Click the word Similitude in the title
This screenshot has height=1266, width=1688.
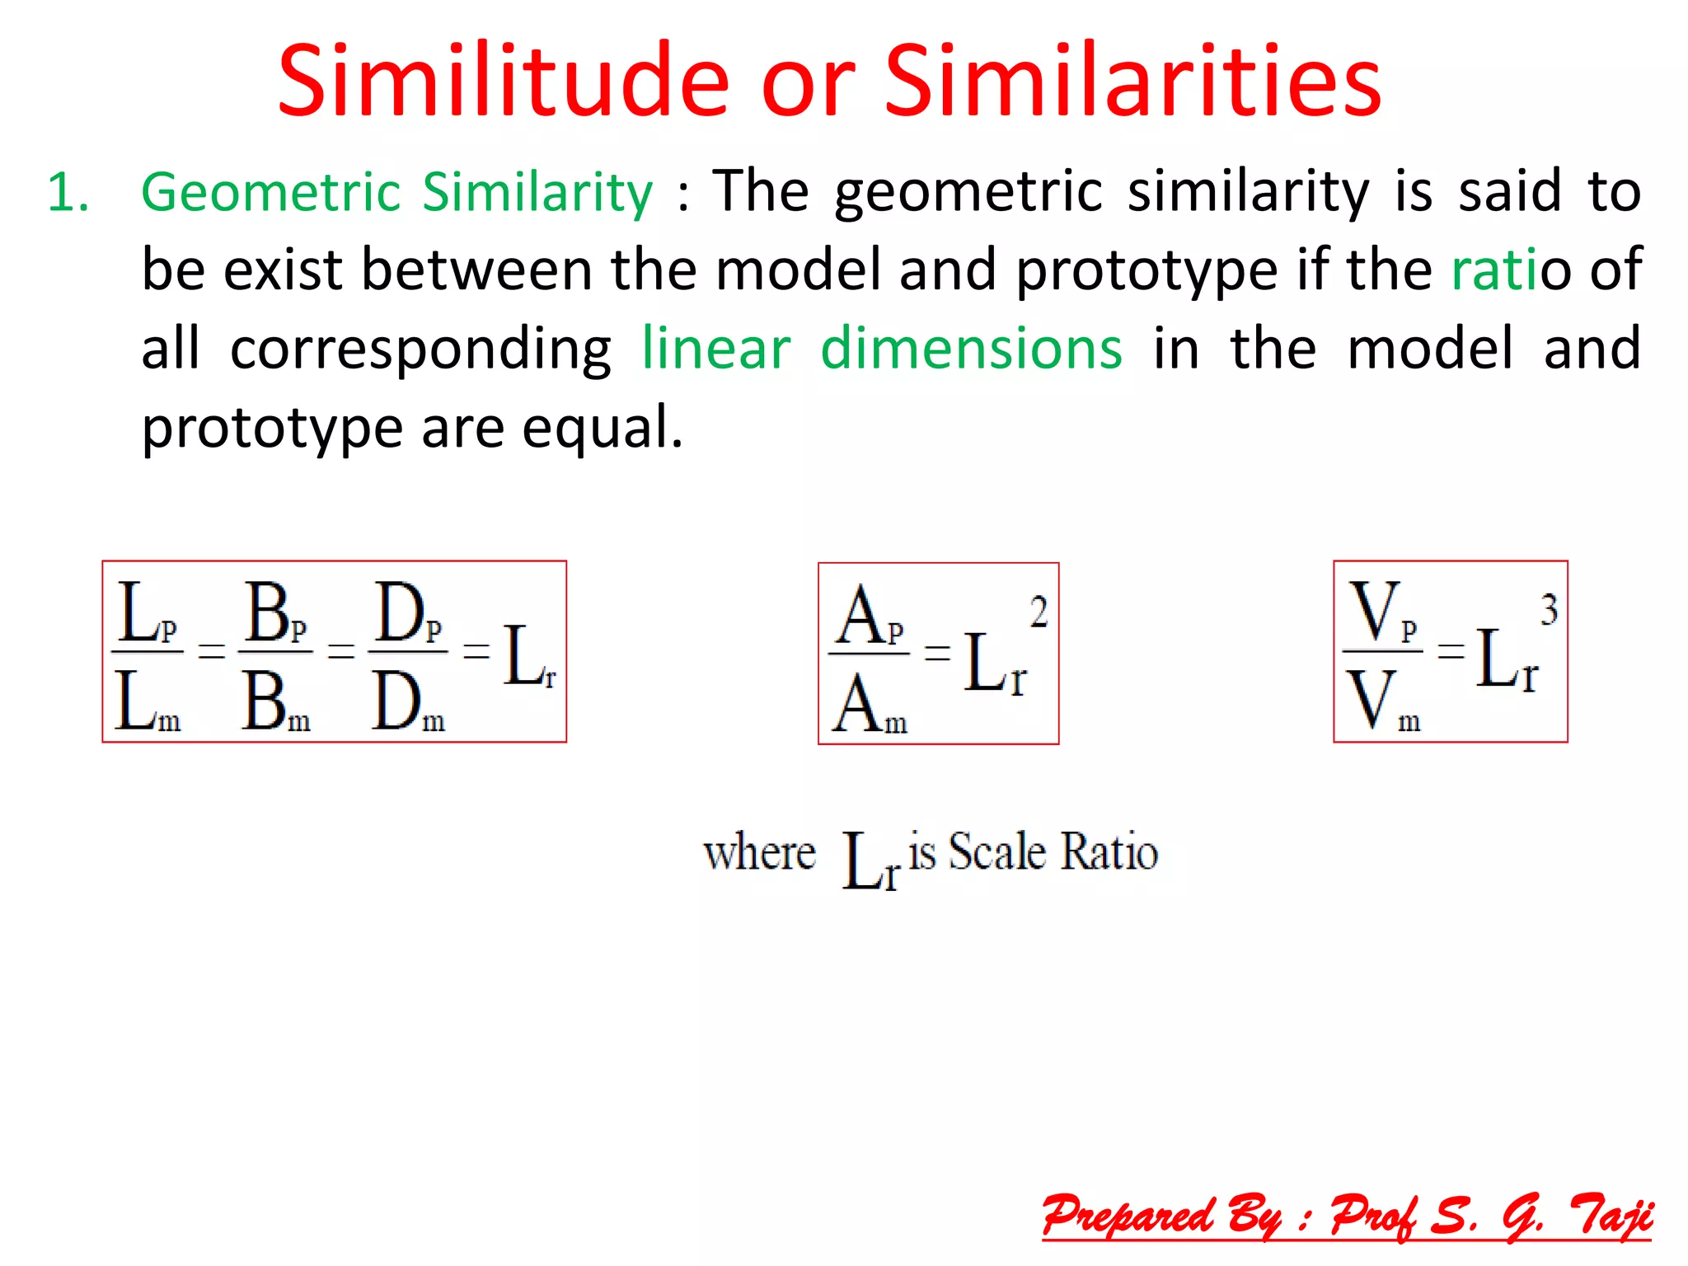click(x=504, y=82)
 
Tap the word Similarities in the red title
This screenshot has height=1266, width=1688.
click(x=1132, y=82)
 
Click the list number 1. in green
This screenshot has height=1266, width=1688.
click(x=68, y=193)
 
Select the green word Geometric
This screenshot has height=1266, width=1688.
click(x=271, y=193)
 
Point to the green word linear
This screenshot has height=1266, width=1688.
click(x=716, y=349)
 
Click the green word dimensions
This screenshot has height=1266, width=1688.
click(x=971, y=349)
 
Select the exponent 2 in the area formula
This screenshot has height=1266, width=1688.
click(x=1039, y=612)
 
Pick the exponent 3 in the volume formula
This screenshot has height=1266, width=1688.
click(x=1549, y=610)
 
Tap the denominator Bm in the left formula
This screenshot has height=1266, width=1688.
click(x=275, y=703)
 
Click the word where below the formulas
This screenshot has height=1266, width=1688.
click(x=759, y=853)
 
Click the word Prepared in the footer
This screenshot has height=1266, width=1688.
click(x=1127, y=1216)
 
